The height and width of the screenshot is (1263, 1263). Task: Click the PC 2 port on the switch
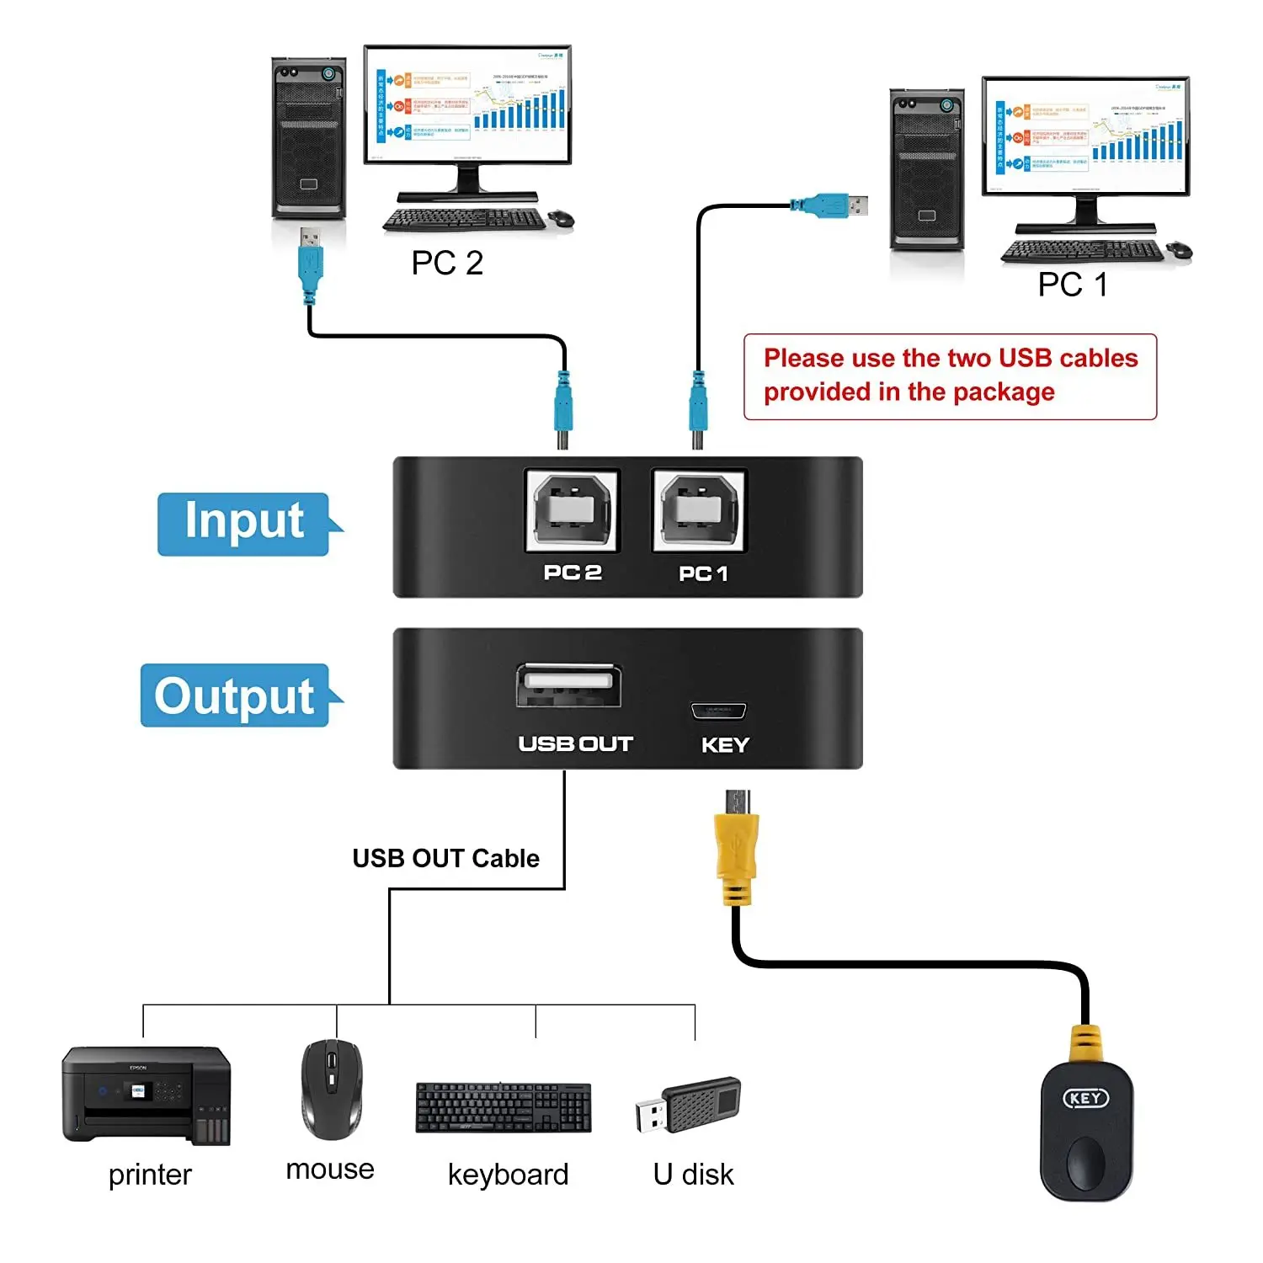click(x=572, y=511)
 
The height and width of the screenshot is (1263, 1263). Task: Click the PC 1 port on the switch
click(x=700, y=511)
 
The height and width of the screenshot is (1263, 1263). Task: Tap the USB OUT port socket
click(x=569, y=685)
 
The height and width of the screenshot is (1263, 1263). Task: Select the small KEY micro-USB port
click(x=718, y=711)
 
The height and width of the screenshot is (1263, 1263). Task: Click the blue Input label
click(x=244, y=523)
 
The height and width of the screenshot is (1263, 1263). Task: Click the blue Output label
click(x=235, y=695)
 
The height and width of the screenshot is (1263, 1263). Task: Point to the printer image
click(x=146, y=1095)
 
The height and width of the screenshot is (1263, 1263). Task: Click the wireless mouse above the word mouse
click(x=332, y=1089)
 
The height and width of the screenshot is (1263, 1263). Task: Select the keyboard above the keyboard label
click(x=504, y=1107)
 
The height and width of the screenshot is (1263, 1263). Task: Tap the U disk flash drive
click(x=689, y=1104)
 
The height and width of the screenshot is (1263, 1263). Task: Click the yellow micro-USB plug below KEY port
click(x=737, y=850)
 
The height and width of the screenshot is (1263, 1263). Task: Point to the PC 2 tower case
click(x=309, y=139)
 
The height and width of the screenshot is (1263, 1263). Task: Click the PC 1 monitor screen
click(x=1085, y=135)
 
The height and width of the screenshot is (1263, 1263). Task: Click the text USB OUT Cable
click(x=445, y=858)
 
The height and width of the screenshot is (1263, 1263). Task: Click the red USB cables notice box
click(x=950, y=376)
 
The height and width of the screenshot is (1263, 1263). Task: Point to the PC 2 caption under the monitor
click(x=447, y=263)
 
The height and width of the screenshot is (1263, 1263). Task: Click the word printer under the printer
click(x=150, y=1174)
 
